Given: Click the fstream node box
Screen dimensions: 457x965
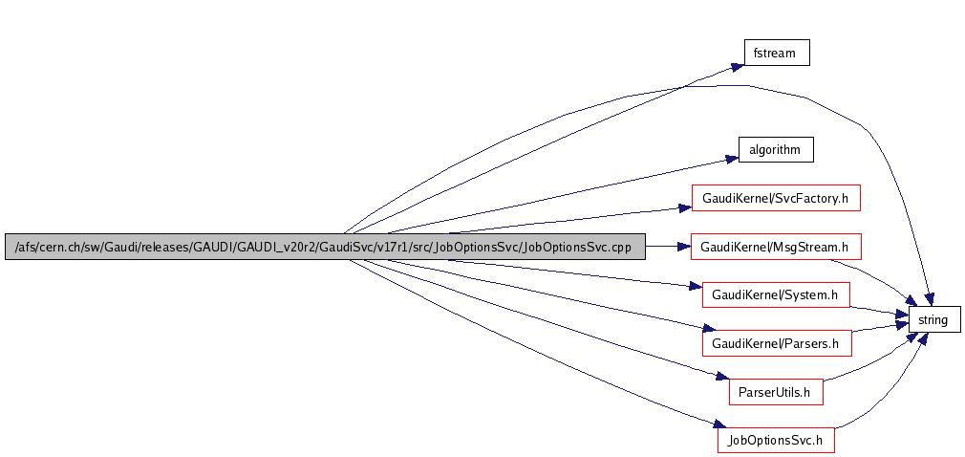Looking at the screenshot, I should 777,53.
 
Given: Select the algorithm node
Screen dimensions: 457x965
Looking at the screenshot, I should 775,150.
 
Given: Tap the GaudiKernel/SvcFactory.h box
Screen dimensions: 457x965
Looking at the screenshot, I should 776,198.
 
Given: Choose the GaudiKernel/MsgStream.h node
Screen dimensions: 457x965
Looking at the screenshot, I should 776,247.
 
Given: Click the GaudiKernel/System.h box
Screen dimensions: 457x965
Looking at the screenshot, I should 776,295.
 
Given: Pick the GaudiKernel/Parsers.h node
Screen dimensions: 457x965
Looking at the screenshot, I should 776,342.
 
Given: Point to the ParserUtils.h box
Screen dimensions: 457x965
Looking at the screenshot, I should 775,391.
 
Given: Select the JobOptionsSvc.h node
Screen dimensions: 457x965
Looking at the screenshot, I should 777,440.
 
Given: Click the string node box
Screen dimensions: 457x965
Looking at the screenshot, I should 933,320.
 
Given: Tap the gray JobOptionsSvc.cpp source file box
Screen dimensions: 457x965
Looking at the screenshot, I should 325,247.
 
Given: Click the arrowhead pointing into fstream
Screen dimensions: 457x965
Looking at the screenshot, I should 738,66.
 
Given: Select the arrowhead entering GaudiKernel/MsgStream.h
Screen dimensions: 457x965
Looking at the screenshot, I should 683,247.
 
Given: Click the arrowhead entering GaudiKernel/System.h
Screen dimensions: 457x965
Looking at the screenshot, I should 696,287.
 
